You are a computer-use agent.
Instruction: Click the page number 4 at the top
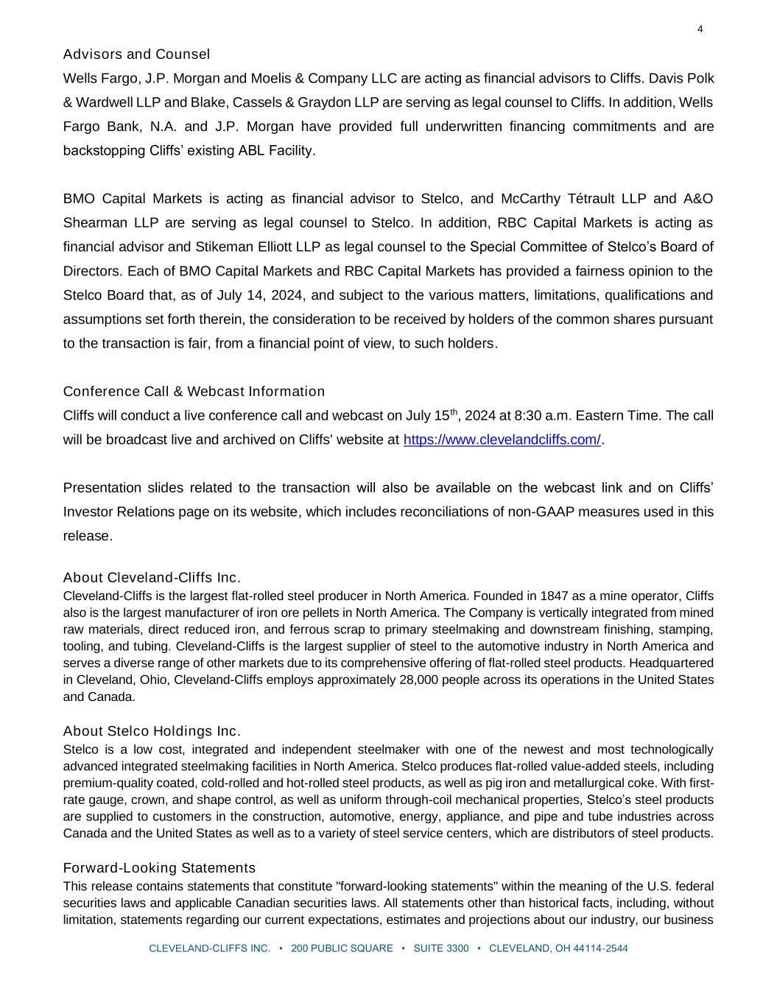click(x=700, y=29)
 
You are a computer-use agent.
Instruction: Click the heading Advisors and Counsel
click(x=136, y=54)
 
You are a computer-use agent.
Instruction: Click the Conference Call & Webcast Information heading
click(x=194, y=392)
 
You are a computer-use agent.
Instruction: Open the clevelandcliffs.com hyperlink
click(x=502, y=440)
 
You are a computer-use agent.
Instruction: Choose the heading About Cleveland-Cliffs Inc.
click(x=152, y=577)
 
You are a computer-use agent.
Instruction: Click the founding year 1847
click(x=554, y=596)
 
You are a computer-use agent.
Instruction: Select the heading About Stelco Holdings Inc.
click(x=152, y=731)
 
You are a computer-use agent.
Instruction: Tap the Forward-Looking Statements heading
click(x=159, y=868)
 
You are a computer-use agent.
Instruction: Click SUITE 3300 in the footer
click(x=440, y=948)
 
